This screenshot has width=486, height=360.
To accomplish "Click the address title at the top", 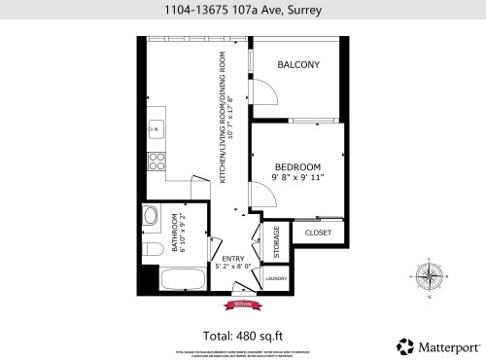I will point(242,11).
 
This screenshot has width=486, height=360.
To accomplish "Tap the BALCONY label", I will point(298,65).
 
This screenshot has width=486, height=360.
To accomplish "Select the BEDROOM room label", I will point(298,166).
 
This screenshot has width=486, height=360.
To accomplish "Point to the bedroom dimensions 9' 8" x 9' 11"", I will point(298,178).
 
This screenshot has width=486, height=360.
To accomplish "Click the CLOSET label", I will point(318,234).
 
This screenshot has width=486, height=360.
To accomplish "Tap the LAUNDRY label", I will point(276,279).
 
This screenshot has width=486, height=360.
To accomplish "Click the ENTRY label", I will point(233,257).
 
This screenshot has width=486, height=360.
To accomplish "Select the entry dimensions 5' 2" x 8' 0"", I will point(233,266).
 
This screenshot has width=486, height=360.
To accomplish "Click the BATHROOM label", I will point(175,233).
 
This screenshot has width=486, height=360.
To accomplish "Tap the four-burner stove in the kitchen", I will point(156,161).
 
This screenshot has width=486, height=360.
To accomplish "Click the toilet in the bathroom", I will point(149,252).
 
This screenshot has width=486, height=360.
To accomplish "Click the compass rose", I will point(429,276).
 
